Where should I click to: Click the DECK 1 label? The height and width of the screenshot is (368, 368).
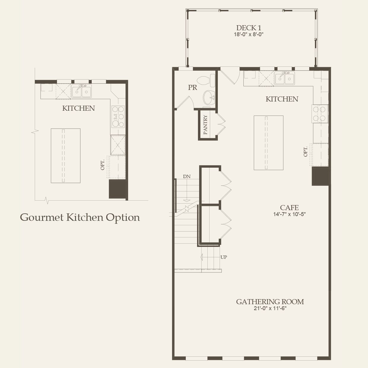coord(249,28)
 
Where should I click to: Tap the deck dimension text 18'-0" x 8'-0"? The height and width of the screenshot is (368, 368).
coord(249,34)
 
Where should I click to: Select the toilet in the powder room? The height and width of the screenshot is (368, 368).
coord(207,80)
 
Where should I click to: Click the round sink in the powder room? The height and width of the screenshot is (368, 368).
coord(209,97)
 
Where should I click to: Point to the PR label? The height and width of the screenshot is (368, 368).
coord(192,88)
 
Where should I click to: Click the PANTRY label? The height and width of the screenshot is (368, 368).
coord(205,125)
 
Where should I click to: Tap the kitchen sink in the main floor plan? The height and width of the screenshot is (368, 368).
coord(285,78)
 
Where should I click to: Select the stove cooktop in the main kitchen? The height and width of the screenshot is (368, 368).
coord(320,114)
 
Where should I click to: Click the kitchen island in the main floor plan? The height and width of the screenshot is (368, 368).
coord(268,143)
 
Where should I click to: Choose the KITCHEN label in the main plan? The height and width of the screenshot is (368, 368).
coord(282,99)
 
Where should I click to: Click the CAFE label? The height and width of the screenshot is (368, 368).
coord(289,208)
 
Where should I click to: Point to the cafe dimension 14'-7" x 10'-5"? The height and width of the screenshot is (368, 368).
coord(289,214)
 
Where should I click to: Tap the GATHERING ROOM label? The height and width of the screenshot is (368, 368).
coord(270,302)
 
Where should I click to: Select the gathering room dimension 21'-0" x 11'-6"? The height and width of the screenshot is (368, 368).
coord(270,308)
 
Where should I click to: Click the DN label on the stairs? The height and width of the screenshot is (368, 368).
coord(187,177)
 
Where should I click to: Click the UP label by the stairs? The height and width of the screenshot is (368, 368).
coord(223,257)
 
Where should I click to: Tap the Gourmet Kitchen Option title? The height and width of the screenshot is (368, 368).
coord(80,217)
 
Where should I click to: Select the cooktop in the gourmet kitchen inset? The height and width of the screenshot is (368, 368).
coord(118,117)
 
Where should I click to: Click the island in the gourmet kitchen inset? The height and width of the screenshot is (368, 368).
coord(66,156)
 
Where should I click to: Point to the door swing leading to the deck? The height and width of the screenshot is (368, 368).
coord(230,75)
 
